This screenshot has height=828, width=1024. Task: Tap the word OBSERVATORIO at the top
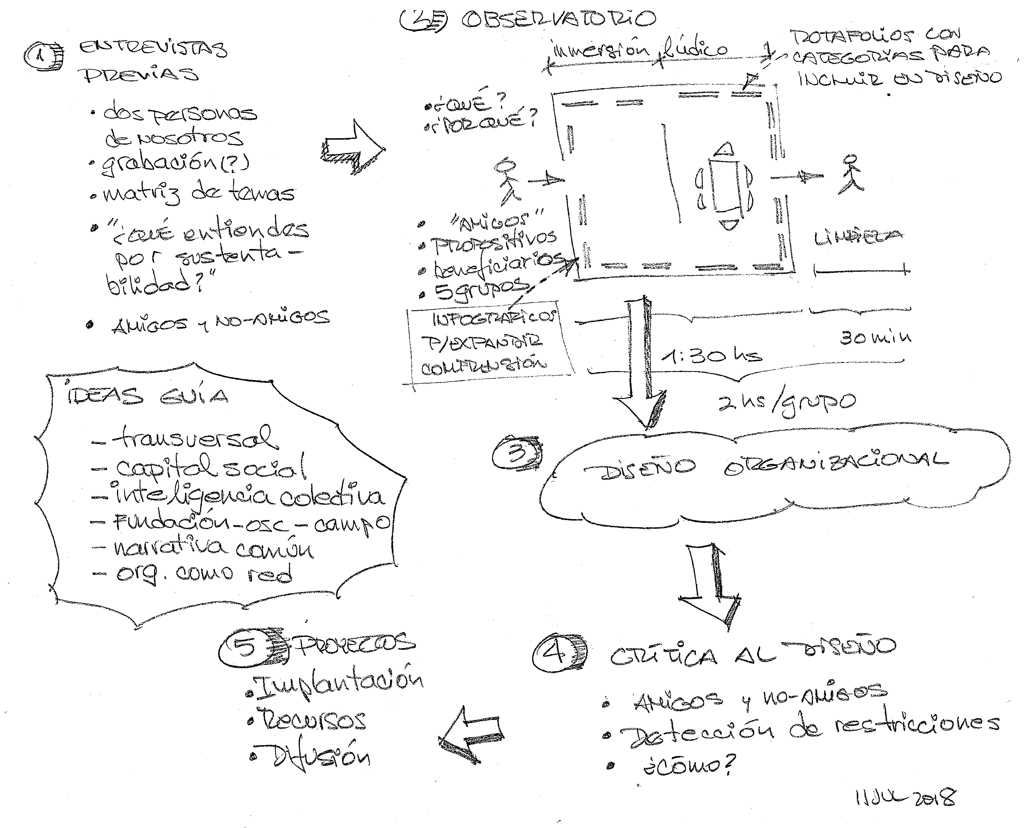click(x=558, y=19)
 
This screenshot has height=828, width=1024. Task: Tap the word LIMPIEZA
click(x=858, y=237)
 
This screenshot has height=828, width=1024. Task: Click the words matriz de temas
click(x=198, y=193)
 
